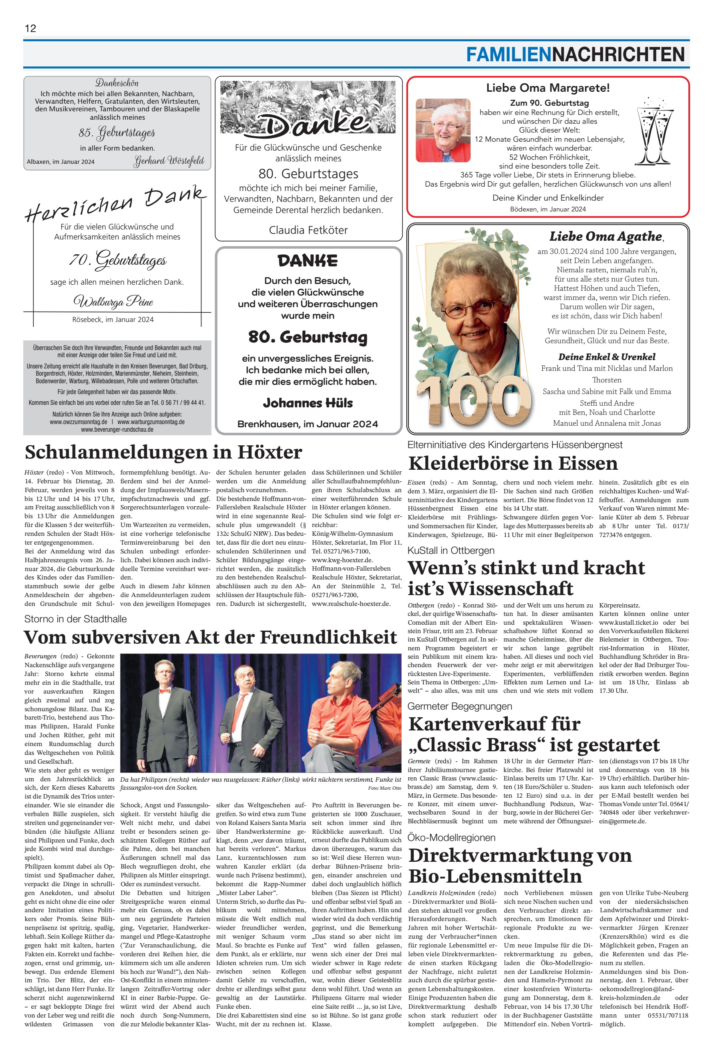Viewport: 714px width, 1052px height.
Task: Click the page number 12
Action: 30,28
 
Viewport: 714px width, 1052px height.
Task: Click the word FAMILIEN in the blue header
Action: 509,55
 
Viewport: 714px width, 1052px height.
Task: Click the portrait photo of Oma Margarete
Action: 443,131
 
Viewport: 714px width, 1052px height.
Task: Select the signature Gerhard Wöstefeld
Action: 169,161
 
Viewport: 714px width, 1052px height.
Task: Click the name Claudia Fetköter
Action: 308,230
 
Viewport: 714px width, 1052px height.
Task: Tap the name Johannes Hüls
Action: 308,403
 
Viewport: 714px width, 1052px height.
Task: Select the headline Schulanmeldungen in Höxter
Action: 163,452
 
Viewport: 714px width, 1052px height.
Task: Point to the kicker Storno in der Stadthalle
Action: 75,619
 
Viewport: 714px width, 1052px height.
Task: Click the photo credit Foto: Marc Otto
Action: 384,788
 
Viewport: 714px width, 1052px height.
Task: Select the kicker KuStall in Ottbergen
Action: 451,551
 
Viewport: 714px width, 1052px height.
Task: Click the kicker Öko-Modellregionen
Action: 451,837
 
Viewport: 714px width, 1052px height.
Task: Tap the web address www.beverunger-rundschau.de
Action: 117,430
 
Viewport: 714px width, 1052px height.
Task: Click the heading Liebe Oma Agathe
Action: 606,236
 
